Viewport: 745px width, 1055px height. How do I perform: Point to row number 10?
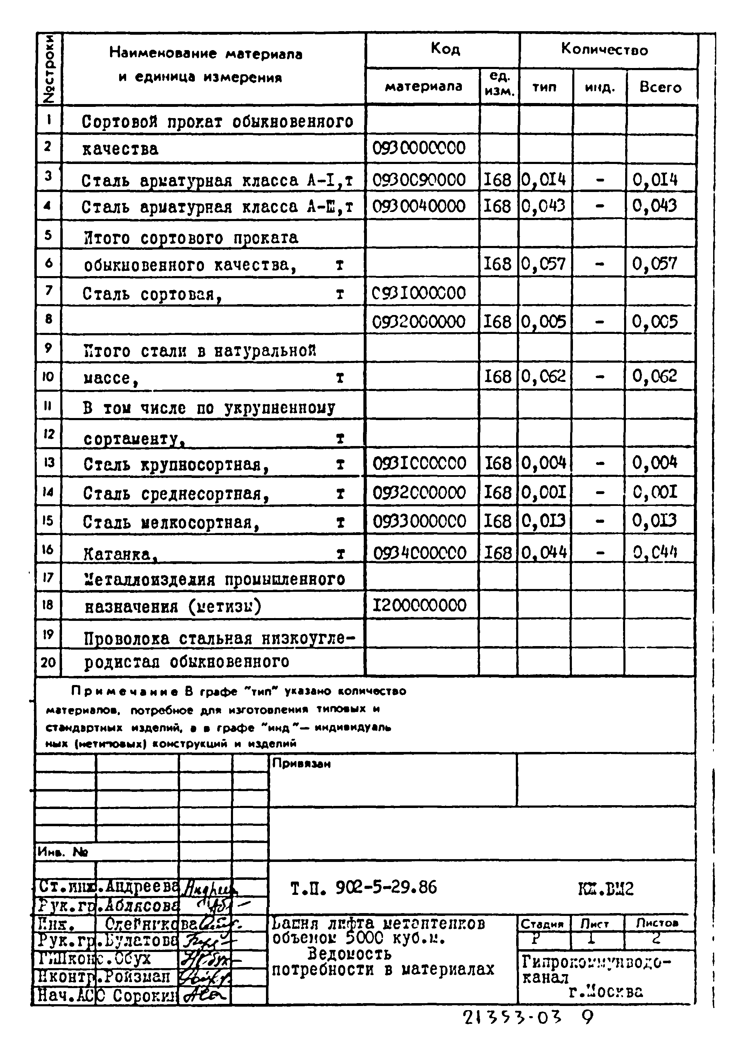(x=48, y=377)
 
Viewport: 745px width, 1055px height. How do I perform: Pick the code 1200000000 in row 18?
(x=419, y=605)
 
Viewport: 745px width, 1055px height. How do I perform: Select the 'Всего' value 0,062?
(x=655, y=376)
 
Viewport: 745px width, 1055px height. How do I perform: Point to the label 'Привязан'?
(x=301, y=763)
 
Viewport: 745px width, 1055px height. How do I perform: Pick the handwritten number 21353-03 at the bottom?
(x=512, y=1018)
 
